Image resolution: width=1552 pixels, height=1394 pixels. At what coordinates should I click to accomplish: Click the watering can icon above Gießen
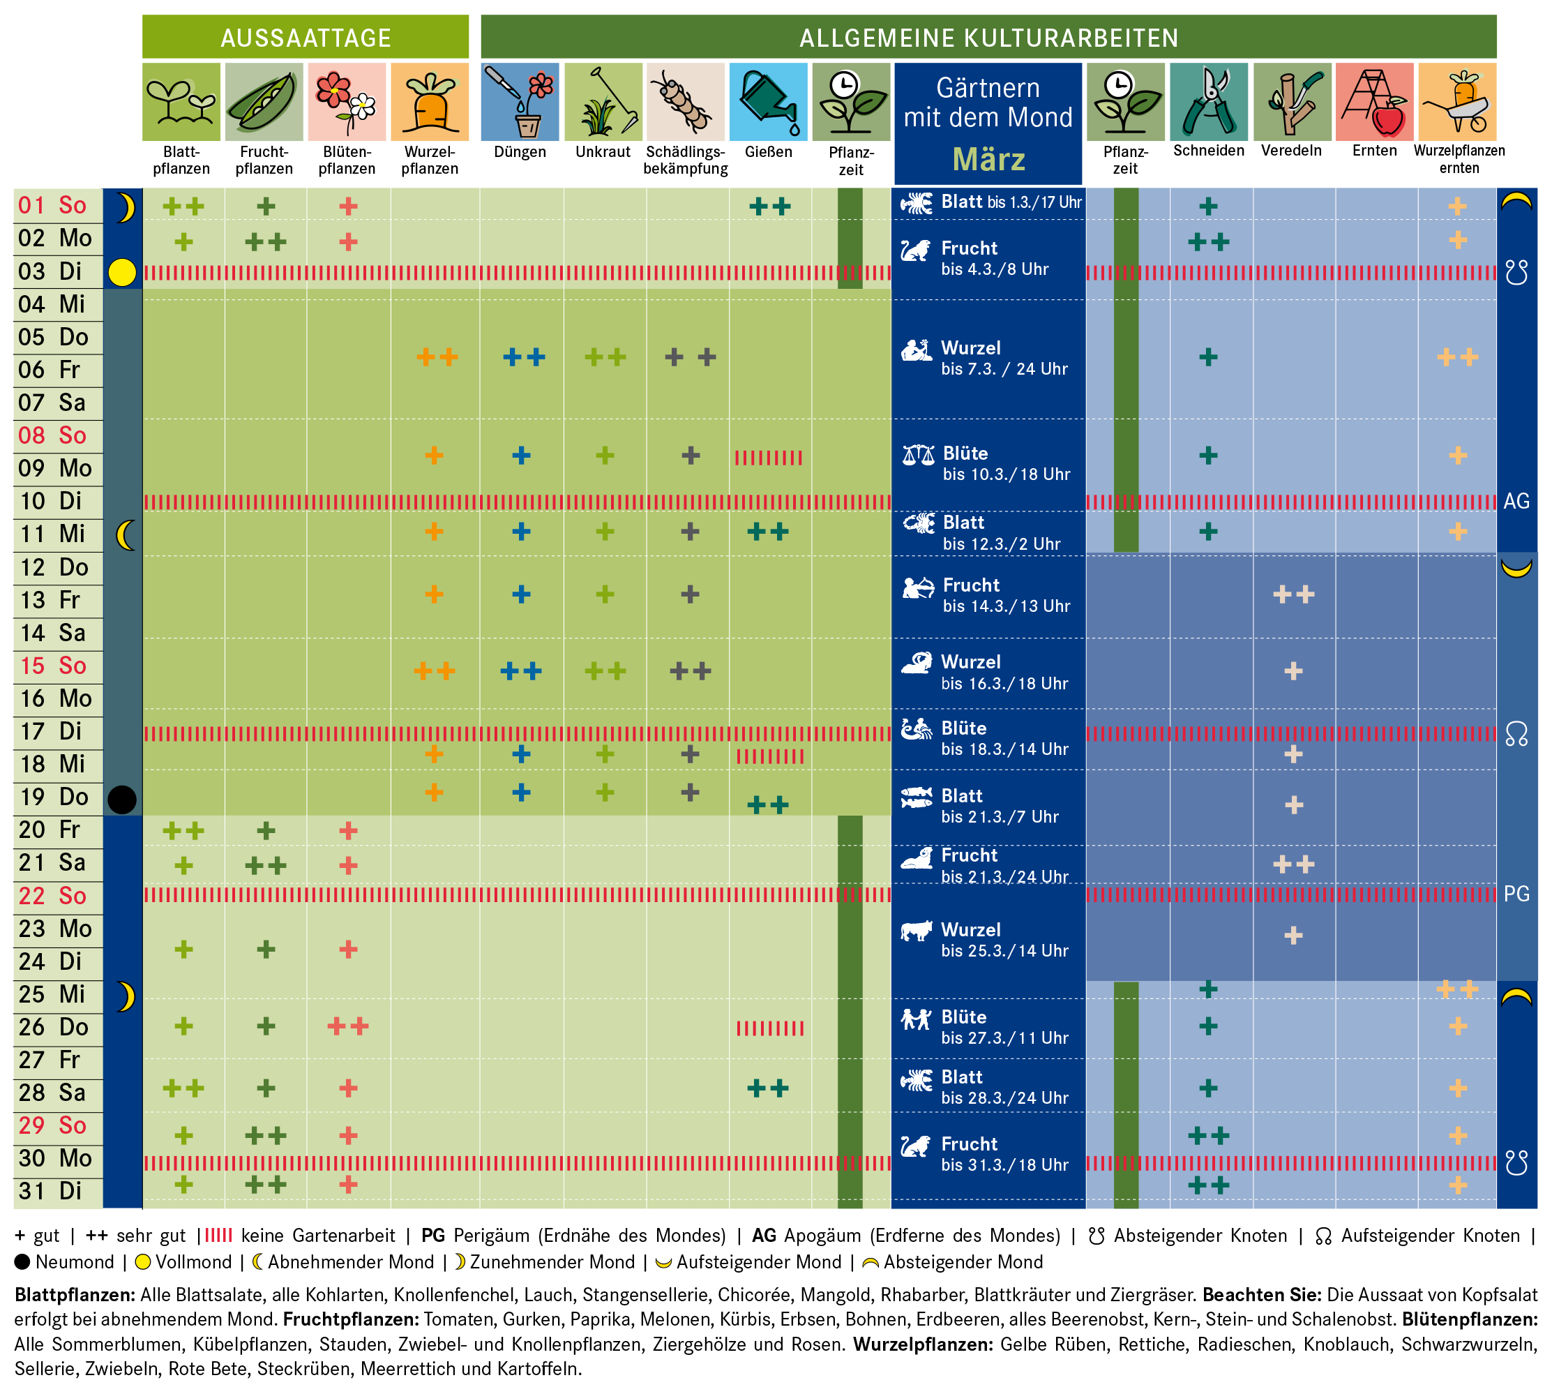[768, 102]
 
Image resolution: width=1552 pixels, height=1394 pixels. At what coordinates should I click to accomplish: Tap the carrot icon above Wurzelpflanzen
[430, 102]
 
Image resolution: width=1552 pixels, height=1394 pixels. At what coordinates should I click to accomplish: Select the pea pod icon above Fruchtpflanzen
[264, 102]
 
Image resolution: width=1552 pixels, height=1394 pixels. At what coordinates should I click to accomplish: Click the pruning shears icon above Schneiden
[1208, 102]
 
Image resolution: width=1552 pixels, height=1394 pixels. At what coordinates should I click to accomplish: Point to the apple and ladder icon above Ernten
[1374, 102]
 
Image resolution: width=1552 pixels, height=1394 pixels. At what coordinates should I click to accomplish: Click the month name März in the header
[988, 159]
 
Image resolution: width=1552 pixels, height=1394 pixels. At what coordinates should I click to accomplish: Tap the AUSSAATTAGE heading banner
[306, 38]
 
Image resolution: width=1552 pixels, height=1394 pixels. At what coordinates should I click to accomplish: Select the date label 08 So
[52, 436]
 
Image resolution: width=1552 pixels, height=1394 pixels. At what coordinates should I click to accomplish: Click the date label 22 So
[52, 895]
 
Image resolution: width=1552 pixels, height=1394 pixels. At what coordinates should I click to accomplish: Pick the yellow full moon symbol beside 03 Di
[122, 272]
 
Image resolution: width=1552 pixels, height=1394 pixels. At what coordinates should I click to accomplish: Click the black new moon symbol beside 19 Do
[122, 799]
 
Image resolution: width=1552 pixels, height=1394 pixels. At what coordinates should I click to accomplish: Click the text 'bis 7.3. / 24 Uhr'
[1004, 369]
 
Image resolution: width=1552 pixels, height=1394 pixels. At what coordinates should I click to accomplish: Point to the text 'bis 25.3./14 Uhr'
[1004, 950]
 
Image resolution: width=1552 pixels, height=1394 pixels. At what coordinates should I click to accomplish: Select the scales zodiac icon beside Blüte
[918, 455]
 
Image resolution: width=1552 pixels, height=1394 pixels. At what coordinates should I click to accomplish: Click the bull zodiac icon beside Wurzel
[917, 930]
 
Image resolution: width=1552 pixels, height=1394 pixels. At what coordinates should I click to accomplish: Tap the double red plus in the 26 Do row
[347, 1026]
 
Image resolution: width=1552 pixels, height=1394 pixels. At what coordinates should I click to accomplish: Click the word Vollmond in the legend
[193, 1261]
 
